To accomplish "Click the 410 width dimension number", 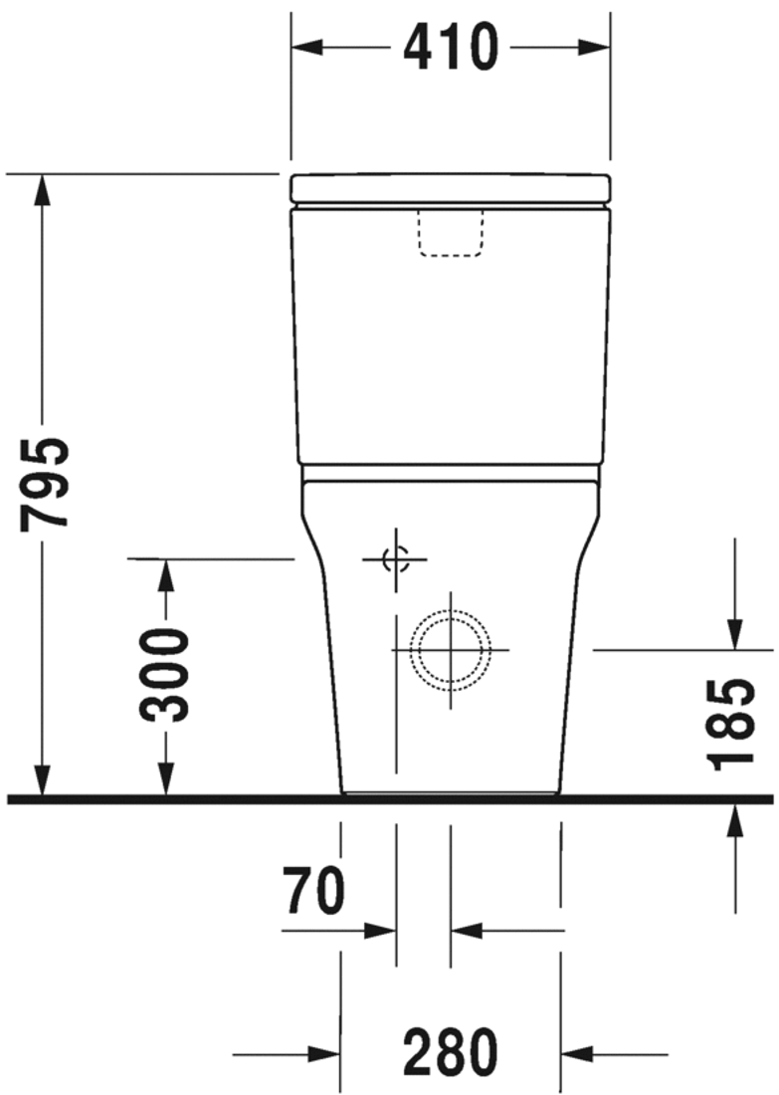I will click(450, 47).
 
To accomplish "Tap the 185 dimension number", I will click(733, 724).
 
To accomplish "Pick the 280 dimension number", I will click(450, 1053).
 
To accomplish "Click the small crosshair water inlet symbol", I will click(396, 560).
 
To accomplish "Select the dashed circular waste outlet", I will click(451, 649).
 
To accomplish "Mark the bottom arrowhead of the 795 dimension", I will click(42, 781).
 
